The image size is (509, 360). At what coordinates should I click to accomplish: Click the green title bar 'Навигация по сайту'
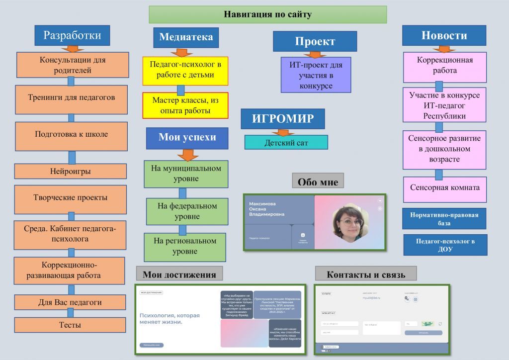coord(267,14)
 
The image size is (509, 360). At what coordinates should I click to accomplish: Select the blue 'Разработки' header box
coord(72,35)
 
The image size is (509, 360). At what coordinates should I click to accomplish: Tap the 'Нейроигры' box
coord(70,171)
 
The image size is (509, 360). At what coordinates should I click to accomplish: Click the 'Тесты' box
coord(70,325)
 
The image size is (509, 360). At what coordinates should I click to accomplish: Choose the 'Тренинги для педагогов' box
coord(71,97)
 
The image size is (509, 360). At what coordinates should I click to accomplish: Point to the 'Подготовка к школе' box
coord(71,134)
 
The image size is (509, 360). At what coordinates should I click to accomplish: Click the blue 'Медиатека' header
coord(185,37)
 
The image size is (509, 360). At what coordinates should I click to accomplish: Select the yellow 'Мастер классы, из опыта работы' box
coord(185,105)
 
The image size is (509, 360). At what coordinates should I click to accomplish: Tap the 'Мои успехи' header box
coord(187,138)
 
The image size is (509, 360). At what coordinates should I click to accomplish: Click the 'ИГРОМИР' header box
coord(282,119)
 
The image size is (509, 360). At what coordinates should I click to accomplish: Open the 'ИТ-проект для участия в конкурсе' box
coord(316,75)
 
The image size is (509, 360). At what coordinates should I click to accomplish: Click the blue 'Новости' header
coord(444,35)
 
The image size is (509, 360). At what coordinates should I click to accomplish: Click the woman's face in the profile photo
coord(350,223)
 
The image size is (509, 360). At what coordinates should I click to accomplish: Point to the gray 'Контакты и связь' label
coord(365,274)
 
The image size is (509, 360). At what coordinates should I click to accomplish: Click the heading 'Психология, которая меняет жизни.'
coord(170,319)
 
